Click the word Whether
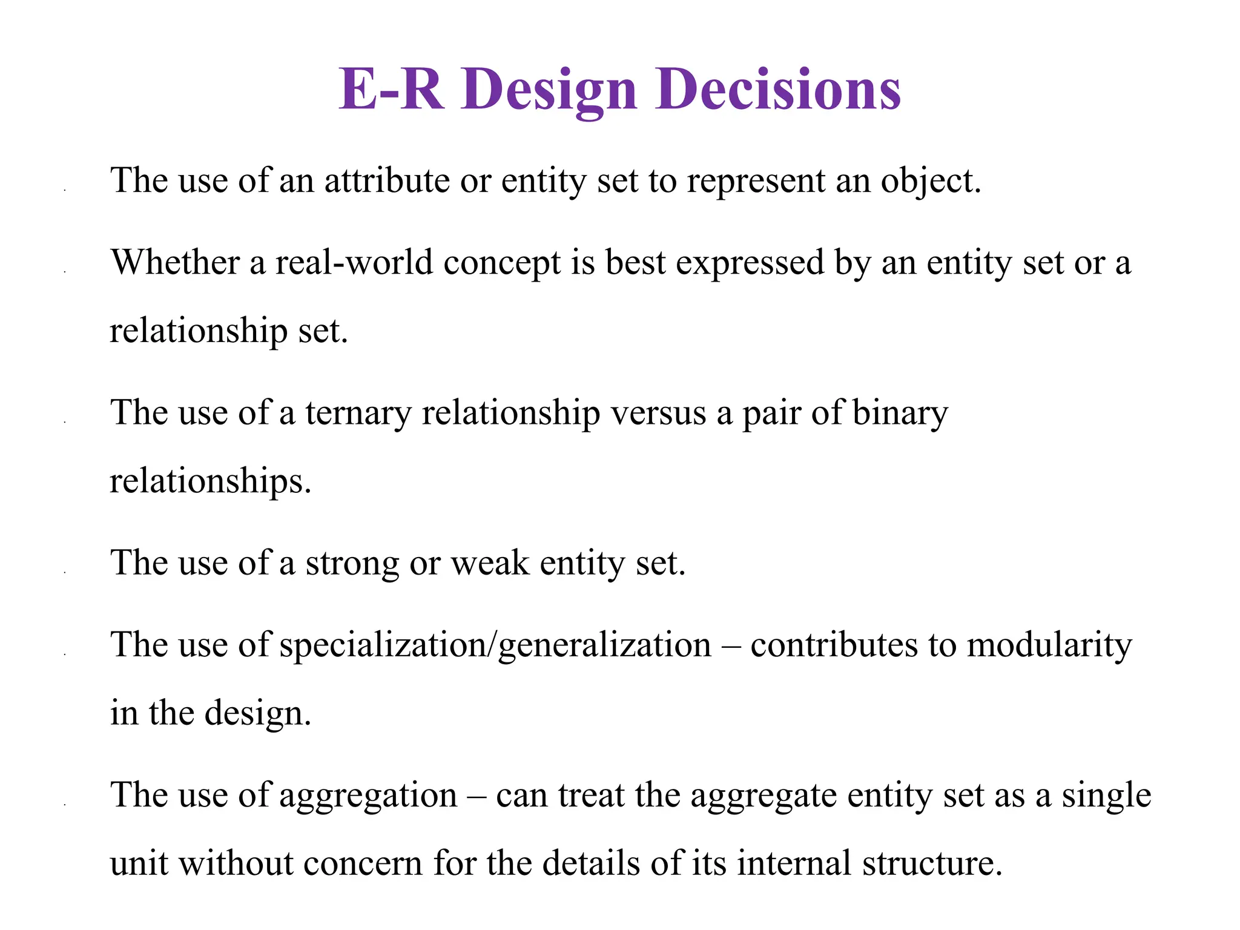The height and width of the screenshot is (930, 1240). pos(176,263)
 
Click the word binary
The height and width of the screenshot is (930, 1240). pos(900,413)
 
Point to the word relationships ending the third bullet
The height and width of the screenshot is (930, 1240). pos(209,481)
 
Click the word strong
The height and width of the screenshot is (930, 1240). pos(352,563)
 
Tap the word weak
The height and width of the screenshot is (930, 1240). pos(490,563)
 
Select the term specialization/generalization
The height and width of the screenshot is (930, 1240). pos(495,645)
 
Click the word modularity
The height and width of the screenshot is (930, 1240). pos(1049,645)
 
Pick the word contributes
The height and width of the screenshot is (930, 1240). pos(834,645)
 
